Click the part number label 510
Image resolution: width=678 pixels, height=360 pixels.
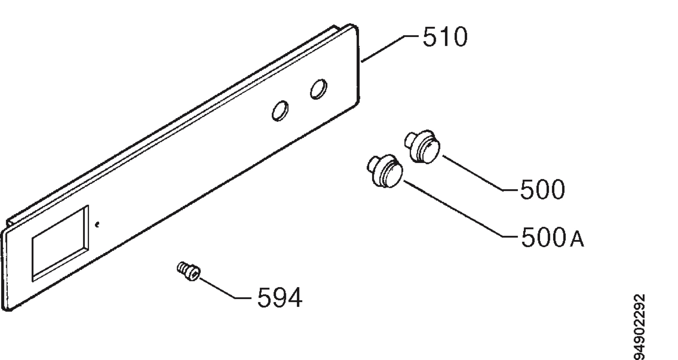[445, 36]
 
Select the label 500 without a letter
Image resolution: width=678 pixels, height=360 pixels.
[542, 189]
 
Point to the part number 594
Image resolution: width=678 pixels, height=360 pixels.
[280, 297]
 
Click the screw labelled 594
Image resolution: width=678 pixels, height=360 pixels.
[189, 271]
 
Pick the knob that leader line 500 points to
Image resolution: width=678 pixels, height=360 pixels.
[422, 146]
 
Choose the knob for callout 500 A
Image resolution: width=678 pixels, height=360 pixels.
[385, 171]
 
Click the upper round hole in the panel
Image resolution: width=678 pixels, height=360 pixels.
[319, 89]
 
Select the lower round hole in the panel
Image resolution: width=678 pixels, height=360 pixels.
[280, 111]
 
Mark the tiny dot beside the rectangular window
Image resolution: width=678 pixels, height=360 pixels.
[97, 225]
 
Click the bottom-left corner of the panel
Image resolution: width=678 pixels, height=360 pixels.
[7, 309]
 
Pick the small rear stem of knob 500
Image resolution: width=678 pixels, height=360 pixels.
[410, 140]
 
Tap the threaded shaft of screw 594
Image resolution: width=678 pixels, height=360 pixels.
[182, 267]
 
